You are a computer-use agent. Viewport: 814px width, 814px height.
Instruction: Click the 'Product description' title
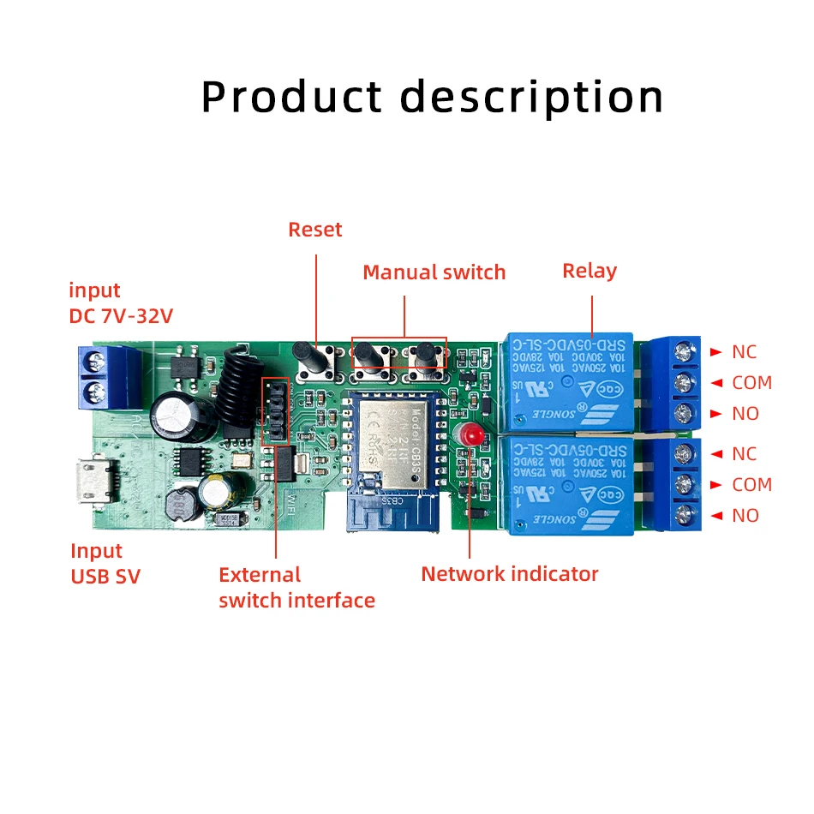(432, 97)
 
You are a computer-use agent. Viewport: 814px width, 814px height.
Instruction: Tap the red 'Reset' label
(314, 230)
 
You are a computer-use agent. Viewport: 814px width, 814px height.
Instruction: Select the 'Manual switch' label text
(434, 272)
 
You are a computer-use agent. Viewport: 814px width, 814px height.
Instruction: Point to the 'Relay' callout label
(590, 271)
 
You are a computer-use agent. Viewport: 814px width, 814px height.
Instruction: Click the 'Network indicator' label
(509, 574)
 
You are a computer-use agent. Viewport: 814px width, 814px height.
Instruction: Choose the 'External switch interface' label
(296, 588)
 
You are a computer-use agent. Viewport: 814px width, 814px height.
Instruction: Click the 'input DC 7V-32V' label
(121, 303)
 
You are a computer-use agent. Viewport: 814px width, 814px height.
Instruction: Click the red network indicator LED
(470, 434)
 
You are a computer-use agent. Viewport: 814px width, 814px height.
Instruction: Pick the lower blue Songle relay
(569, 484)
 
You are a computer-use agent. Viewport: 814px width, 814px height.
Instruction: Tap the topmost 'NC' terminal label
(744, 352)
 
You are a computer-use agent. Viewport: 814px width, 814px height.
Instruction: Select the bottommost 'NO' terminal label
(745, 516)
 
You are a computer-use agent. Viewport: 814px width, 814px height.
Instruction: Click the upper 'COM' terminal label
(751, 383)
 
